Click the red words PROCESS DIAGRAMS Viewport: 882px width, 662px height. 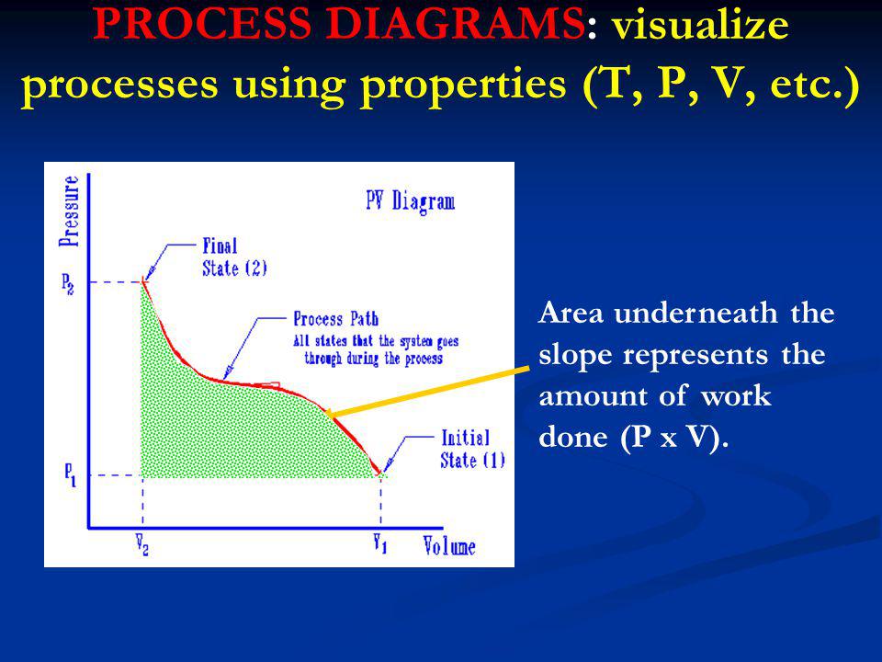[338, 24]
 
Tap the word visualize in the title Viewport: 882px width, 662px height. [700, 25]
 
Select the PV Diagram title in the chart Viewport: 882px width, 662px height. [411, 201]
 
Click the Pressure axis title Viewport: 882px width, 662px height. [70, 211]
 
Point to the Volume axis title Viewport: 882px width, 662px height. [449, 546]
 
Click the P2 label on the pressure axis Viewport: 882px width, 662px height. [67, 284]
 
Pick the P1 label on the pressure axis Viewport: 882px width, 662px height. [70, 475]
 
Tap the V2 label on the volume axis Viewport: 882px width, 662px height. [141, 545]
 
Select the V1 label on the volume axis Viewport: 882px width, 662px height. [380, 543]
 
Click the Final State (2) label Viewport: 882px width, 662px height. [234, 257]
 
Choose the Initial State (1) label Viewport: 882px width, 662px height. [472, 450]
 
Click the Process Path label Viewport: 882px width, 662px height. [336, 319]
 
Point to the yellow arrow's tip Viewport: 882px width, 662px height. [325, 416]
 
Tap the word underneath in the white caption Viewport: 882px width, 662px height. [696, 313]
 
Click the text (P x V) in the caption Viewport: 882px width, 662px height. [673, 437]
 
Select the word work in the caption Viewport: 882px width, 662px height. [736, 395]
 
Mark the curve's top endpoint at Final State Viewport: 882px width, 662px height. [142, 280]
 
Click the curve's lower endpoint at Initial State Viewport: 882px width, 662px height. [379, 474]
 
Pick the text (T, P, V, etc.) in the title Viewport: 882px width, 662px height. [720, 84]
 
